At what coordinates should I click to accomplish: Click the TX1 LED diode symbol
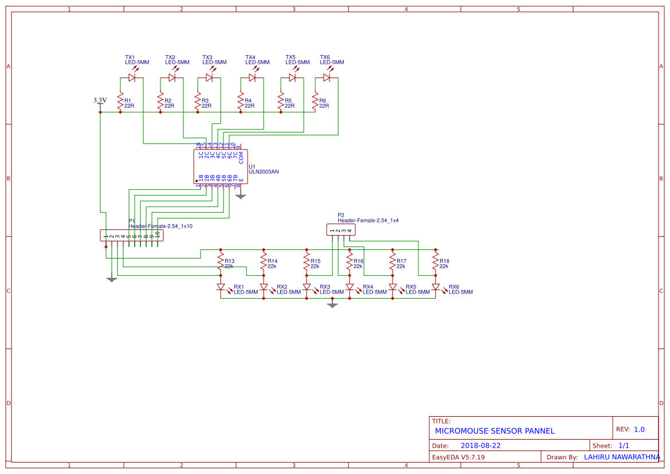[x=132, y=77]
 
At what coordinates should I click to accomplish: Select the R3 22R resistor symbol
[x=198, y=103]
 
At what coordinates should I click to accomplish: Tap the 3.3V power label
[x=100, y=100]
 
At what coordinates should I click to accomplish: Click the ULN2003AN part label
[x=264, y=171]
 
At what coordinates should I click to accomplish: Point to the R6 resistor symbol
[x=315, y=103]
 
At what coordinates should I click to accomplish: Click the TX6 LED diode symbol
[x=327, y=77]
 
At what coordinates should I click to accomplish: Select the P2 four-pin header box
[x=340, y=230]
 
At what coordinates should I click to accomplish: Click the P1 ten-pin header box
[x=131, y=236]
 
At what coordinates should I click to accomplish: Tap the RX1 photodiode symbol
[x=221, y=287]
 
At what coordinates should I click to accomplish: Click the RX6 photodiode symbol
[x=436, y=287]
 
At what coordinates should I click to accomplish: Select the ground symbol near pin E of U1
[x=241, y=195]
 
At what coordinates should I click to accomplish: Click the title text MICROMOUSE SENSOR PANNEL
[x=495, y=431]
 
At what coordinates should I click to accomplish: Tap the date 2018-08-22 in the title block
[x=480, y=445]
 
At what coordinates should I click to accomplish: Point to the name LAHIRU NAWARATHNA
[x=622, y=457]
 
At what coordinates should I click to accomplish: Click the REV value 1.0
[x=639, y=429]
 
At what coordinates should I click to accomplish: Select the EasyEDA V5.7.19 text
[x=458, y=457]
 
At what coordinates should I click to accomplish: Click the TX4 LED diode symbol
[x=252, y=77]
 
